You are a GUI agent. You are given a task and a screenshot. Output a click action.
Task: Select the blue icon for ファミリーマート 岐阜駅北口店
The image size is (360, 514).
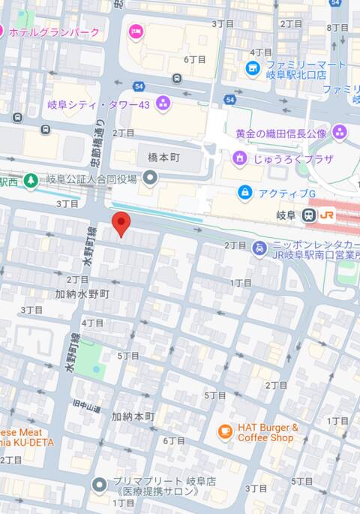[x=253, y=69]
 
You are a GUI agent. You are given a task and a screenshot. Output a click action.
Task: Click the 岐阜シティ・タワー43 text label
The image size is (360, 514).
[x=100, y=104]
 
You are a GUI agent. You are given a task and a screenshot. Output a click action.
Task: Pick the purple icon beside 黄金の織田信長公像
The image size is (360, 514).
[x=340, y=133]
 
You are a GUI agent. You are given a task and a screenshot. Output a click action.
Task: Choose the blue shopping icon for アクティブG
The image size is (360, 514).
[x=244, y=193]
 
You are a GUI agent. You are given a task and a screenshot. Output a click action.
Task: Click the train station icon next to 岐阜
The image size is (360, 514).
[x=308, y=215]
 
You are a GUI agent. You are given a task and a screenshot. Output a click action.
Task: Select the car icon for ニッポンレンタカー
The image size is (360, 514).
[x=259, y=248]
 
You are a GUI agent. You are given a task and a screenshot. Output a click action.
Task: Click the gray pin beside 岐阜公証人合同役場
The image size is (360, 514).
[x=151, y=178]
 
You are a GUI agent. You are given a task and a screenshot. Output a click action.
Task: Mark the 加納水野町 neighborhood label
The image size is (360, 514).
[x=82, y=293]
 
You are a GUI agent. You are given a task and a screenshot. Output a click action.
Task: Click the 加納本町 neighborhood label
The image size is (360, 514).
[x=133, y=416]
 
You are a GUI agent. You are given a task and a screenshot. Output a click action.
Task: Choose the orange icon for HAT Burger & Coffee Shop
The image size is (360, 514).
[x=224, y=431]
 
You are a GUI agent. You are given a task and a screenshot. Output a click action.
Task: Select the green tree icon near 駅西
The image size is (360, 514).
[x=30, y=180]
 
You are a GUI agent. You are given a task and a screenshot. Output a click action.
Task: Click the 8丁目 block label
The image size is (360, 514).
[x=337, y=28]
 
